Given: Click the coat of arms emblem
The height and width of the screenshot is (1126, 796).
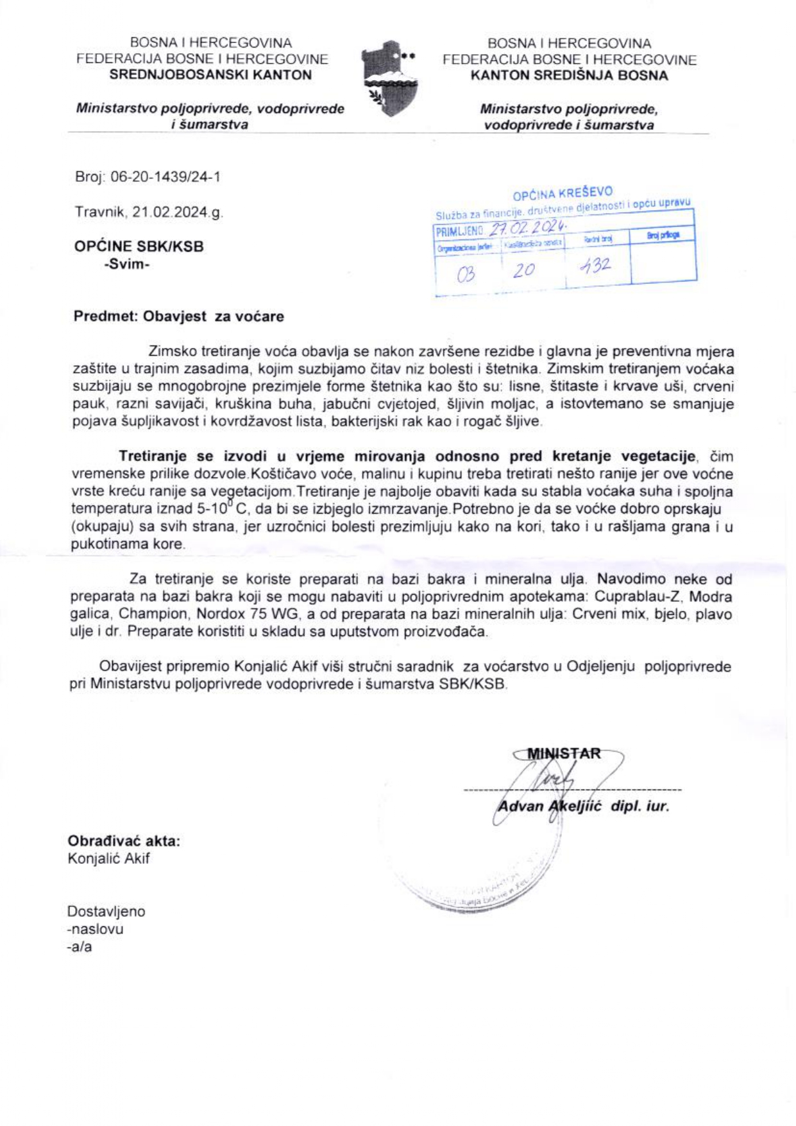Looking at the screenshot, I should [389, 78].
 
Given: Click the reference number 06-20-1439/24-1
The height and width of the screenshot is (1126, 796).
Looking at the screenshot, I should [165, 177].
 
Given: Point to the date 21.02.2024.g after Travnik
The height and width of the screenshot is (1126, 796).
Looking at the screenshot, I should [178, 212].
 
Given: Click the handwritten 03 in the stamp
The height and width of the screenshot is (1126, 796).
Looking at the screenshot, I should [466, 274].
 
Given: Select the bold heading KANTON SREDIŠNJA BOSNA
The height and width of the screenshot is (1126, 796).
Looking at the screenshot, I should [569, 75].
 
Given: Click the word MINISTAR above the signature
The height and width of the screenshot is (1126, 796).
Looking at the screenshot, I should [564, 754].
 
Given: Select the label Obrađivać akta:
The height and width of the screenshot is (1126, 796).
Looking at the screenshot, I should [124, 841].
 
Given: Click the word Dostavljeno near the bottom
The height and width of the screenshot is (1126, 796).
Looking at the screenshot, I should [106, 912].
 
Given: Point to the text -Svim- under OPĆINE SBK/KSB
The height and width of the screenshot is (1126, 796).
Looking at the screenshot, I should [126, 264].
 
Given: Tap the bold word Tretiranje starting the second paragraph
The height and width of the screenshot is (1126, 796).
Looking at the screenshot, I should [153, 456].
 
